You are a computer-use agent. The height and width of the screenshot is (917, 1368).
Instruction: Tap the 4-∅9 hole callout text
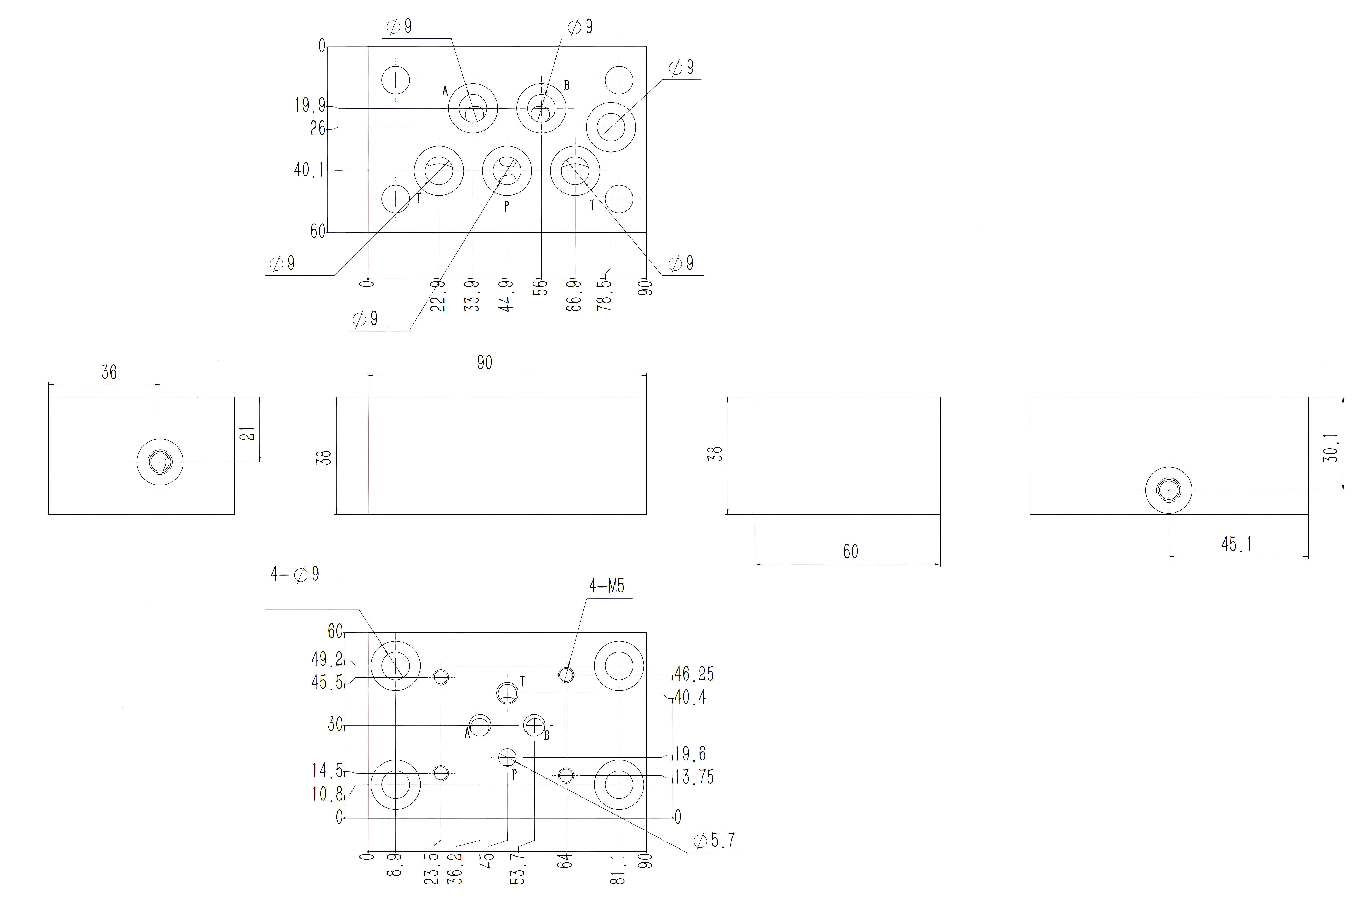pos(295,574)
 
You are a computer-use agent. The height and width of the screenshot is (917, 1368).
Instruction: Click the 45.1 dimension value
pos(1236,544)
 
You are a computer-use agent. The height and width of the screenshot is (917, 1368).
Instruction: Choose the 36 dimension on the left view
pos(109,372)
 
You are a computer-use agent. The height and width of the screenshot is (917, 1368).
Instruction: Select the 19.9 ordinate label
pos(310,105)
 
